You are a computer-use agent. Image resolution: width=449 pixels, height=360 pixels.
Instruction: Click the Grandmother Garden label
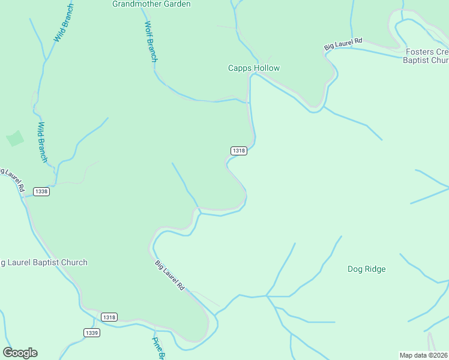[151, 4]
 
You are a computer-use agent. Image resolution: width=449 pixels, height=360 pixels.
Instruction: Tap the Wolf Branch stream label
[151, 42]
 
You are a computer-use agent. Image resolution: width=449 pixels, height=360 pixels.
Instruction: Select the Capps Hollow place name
[253, 68]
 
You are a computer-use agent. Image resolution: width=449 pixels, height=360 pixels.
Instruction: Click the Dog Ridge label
[366, 269]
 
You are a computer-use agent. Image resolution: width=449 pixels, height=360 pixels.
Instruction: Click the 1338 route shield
[41, 191]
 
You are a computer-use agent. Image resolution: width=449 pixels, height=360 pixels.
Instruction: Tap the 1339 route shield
[92, 332]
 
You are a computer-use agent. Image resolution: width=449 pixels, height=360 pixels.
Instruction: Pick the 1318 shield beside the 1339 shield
[109, 317]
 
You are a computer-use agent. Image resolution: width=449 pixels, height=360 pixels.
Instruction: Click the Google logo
[20, 353]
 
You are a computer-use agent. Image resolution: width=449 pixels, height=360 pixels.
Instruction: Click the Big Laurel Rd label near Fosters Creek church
[343, 44]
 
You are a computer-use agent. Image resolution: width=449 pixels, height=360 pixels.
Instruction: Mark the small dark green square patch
[15, 139]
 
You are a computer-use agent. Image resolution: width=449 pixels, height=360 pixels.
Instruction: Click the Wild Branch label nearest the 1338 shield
[43, 142]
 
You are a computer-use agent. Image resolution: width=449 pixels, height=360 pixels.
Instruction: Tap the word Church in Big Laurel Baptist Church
[73, 262]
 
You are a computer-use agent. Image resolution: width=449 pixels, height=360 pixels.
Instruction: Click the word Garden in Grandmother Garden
[176, 4]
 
